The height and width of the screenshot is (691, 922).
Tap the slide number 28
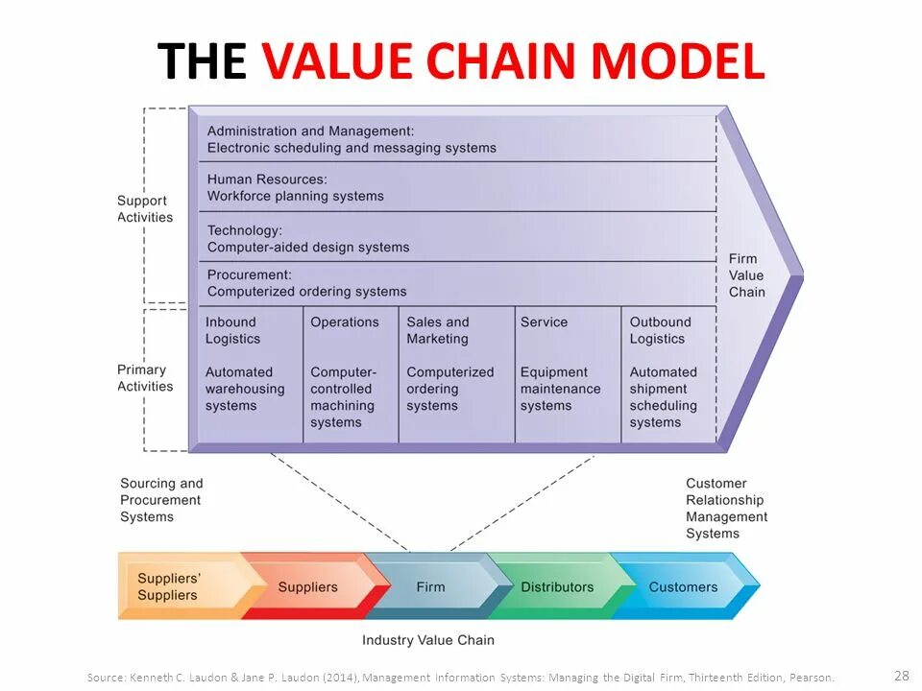click(x=900, y=675)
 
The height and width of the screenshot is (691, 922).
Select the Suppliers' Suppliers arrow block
click(x=173, y=586)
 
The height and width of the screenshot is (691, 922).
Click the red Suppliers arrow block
click(x=307, y=586)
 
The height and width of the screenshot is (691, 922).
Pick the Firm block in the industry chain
click(x=430, y=586)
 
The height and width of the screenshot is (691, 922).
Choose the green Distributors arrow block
click(x=557, y=586)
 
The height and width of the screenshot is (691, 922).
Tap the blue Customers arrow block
click(x=683, y=586)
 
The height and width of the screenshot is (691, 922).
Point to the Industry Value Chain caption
click(x=428, y=640)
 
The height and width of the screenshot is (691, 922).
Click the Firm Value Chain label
click(x=747, y=275)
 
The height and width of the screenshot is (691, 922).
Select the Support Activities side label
click(x=145, y=209)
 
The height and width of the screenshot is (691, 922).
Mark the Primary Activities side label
click(x=145, y=378)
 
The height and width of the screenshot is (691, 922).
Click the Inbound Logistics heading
click(x=232, y=330)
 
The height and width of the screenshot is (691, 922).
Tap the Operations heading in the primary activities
click(x=345, y=322)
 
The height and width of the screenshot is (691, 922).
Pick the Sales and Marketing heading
click(x=438, y=330)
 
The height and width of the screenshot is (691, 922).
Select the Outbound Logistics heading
click(x=660, y=330)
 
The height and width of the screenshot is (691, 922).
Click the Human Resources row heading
click(x=267, y=179)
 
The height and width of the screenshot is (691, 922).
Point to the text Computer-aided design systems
click(x=308, y=248)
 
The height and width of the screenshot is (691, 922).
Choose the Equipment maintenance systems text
click(x=560, y=389)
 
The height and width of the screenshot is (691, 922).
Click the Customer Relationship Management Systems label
click(x=726, y=509)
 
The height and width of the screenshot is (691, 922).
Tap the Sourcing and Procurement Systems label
click(x=161, y=500)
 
